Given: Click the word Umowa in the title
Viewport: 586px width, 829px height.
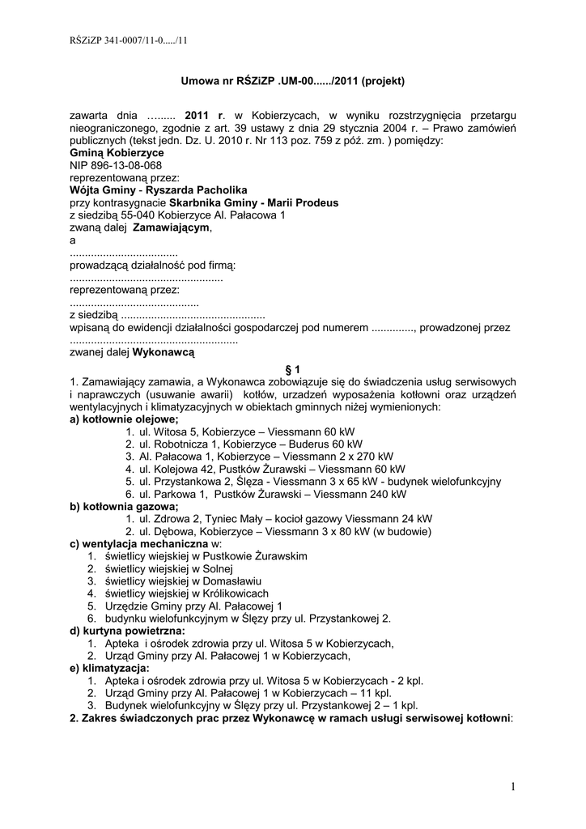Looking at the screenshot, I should [x=197, y=81].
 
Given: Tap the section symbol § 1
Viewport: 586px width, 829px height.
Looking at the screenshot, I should [x=293, y=368].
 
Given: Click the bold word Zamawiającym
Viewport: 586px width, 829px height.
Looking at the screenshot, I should [x=171, y=228].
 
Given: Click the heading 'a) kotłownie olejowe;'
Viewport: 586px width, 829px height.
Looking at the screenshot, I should [x=124, y=419].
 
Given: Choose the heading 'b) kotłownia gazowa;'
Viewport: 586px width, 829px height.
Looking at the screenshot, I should [x=124, y=506].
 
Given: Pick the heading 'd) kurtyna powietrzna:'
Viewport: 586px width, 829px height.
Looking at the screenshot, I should [x=128, y=631].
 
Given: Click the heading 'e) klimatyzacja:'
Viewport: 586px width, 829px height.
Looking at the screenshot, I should [x=110, y=668].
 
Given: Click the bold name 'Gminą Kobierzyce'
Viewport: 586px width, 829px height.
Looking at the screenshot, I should [x=117, y=152].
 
